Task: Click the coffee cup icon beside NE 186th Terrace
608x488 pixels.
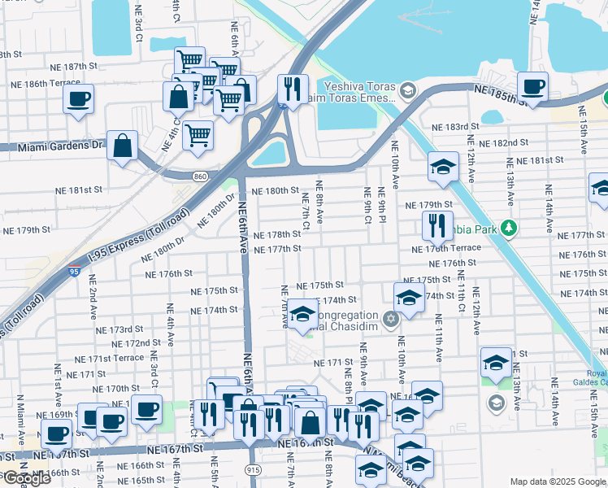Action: pyautogui.click(x=78, y=99)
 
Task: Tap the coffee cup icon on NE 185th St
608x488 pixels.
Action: pyautogui.click(x=532, y=85)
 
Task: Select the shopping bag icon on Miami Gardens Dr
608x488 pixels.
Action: pyautogui.click(x=122, y=147)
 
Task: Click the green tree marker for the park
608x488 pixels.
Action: pyautogui.click(x=509, y=227)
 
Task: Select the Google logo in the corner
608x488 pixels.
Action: pyautogui.click(x=27, y=478)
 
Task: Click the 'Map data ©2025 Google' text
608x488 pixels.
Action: pyautogui.click(x=558, y=481)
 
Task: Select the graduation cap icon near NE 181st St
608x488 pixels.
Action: pyautogui.click(x=443, y=167)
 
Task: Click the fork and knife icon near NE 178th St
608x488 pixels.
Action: pyautogui.click(x=438, y=224)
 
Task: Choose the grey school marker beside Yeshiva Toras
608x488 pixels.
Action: pyautogui.click(x=407, y=89)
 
